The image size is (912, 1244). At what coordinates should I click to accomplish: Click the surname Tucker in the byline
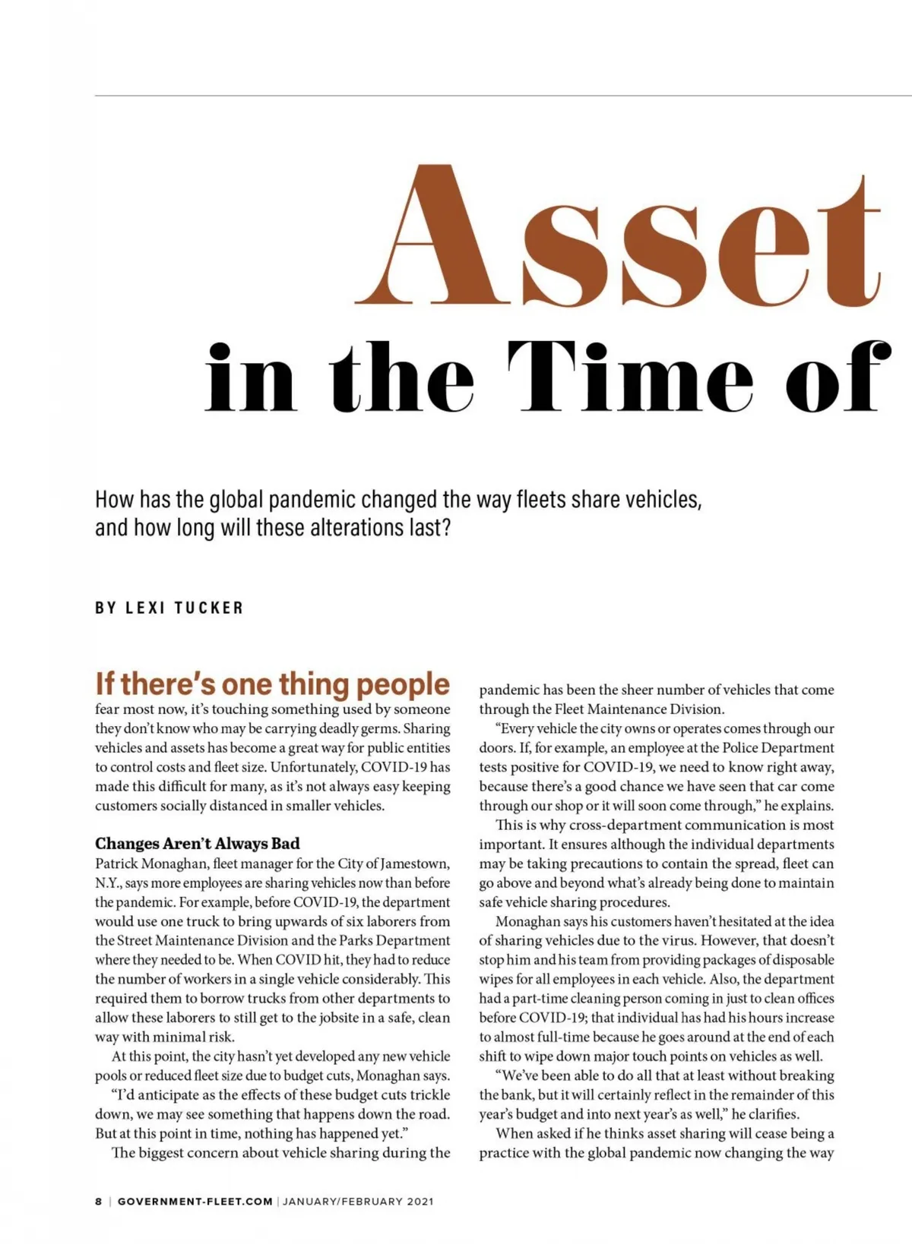click(209, 608)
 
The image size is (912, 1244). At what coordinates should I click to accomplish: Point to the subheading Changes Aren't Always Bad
click(198, 844)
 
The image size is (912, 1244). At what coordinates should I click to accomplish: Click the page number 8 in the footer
click(98, 1201)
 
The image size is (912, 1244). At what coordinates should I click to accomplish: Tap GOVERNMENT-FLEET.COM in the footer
click(195, 1201)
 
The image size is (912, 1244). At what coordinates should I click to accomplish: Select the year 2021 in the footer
click(420, 1201)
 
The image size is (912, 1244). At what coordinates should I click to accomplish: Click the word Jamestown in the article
click(413, 864)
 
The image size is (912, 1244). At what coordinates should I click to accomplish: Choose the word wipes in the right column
click(496, 979)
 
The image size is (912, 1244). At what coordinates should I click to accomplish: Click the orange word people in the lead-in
click(403, 684)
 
